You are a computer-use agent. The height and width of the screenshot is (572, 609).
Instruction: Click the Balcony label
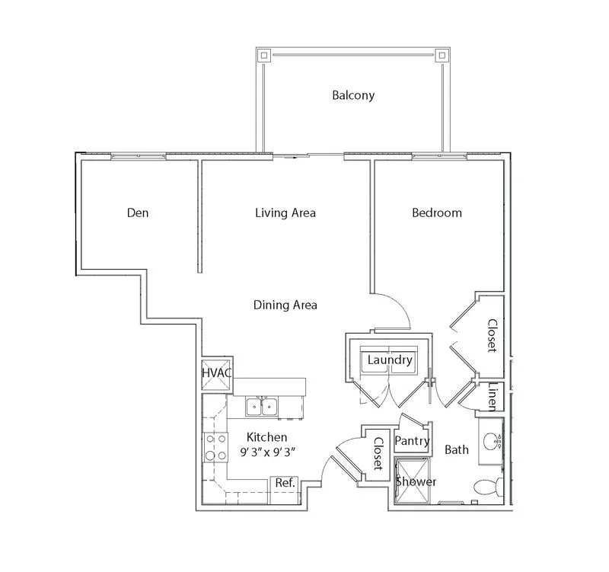pyautogui.click(x=353, y=96)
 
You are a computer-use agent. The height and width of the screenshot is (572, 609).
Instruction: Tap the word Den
pyautogui.click(x=138, y=213)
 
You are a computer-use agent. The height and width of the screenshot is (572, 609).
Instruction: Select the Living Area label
pyautogui.click(x=285, y=213)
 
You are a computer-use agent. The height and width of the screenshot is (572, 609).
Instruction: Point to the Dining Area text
pyautogui.click(x=285, y=305)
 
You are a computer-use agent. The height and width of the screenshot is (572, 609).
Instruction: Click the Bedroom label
pyautogui.click(x=437, y=213)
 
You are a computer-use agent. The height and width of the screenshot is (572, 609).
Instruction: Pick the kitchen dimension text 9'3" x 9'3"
pyautogui.click(x=268, y=452)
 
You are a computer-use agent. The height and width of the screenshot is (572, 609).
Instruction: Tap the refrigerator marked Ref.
pyautogui.click(x=285, y=490)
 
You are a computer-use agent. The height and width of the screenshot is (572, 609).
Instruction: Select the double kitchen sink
pyautogui.click(x=262, y=407)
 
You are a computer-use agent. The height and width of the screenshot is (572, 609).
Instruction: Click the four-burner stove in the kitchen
pyautogui.click(x=216, y=447)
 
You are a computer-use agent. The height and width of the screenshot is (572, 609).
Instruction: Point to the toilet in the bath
pyautogui.click(x=489, y=487)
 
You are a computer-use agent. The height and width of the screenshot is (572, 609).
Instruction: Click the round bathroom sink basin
pyautogui.click(x=491, y=441)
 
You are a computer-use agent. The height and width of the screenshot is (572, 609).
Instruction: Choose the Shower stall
pyautogui.click(x=413, y=481)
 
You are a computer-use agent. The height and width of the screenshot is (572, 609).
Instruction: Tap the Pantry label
pyautogui.click(x=412, y=441)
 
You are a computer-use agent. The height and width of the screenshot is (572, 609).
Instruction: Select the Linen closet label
pyautogui.click(x=493, y=397)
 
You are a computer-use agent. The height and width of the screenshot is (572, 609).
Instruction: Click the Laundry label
pyautogui.click(x=390, y=359)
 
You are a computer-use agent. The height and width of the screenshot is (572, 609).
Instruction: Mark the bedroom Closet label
pyautogui.click(x=493, y=336)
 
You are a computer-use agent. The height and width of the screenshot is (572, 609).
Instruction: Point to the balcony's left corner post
pyautogui.click(x=264, y=55)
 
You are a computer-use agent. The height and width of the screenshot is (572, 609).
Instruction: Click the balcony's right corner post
pyautogui.click(x=442, y=55)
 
